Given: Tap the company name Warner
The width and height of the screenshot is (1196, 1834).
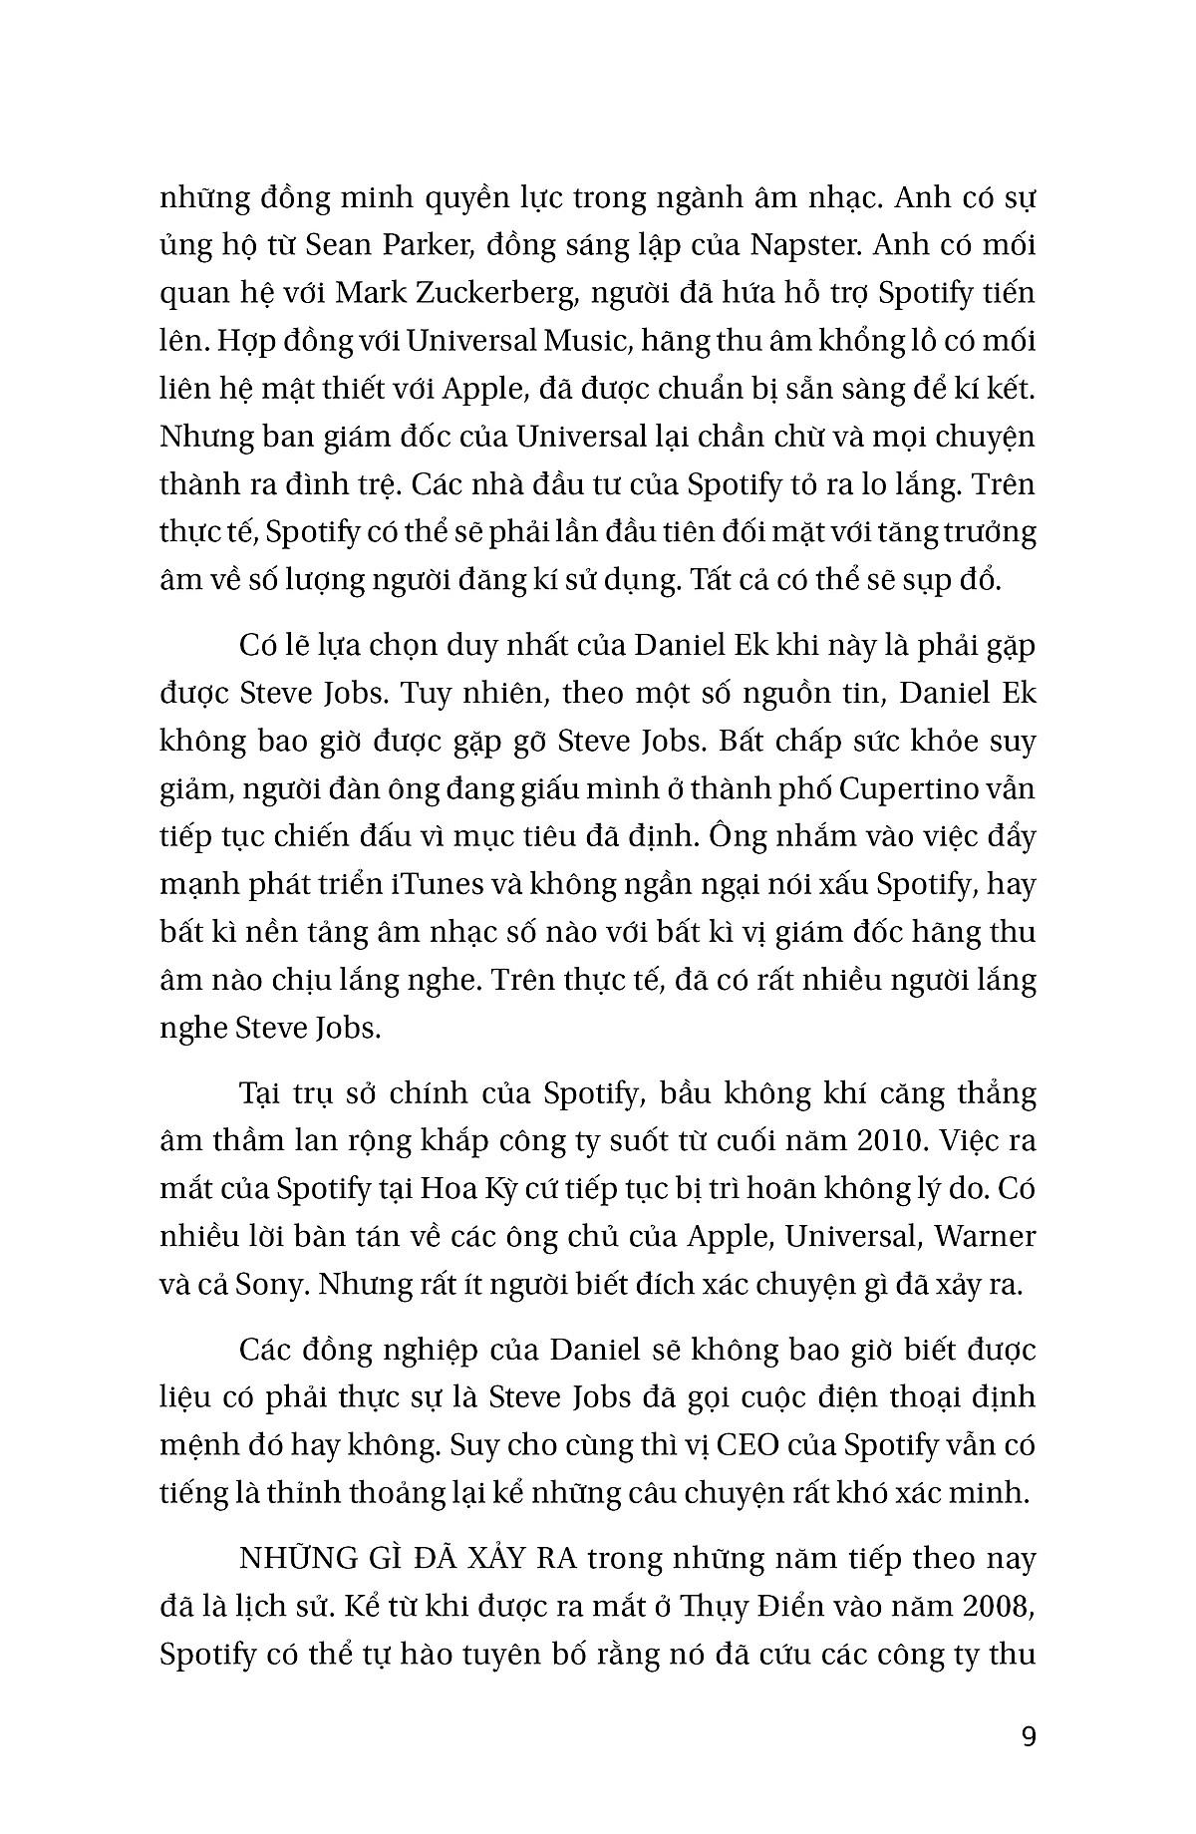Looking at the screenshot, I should click(986, 1236).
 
